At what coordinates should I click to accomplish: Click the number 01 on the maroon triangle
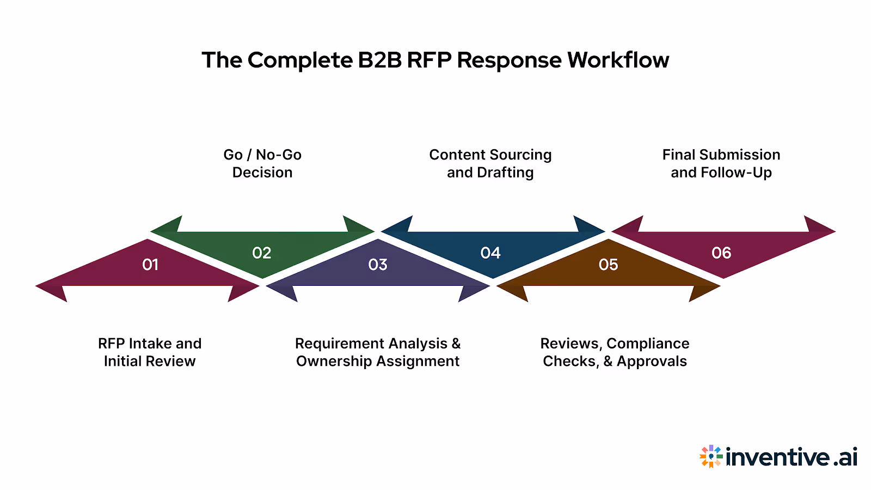(150, 265)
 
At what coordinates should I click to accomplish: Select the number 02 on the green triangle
(262, 253)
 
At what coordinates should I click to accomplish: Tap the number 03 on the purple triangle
(378, 265)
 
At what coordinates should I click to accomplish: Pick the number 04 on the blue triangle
(490, 253)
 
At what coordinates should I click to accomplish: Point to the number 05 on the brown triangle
(608, 265)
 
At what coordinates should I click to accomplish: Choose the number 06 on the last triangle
(721, 253)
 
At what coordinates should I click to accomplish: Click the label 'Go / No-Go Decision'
(262, 163)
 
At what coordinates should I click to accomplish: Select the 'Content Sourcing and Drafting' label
(490, 163)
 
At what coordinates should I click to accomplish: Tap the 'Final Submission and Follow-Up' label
(721, 163)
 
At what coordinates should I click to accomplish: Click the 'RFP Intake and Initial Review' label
(150, 352)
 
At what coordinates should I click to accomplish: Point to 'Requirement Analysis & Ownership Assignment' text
(378, 352)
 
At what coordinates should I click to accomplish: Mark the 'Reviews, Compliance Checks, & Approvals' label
(615, 352)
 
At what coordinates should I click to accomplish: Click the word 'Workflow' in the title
(618, 60)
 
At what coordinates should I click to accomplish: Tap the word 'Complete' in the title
(300, 60)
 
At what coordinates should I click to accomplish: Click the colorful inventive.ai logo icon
(711, 456)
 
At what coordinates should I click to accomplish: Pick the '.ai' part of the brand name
(845, 457)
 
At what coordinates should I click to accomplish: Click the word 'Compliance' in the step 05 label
(648, 344)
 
